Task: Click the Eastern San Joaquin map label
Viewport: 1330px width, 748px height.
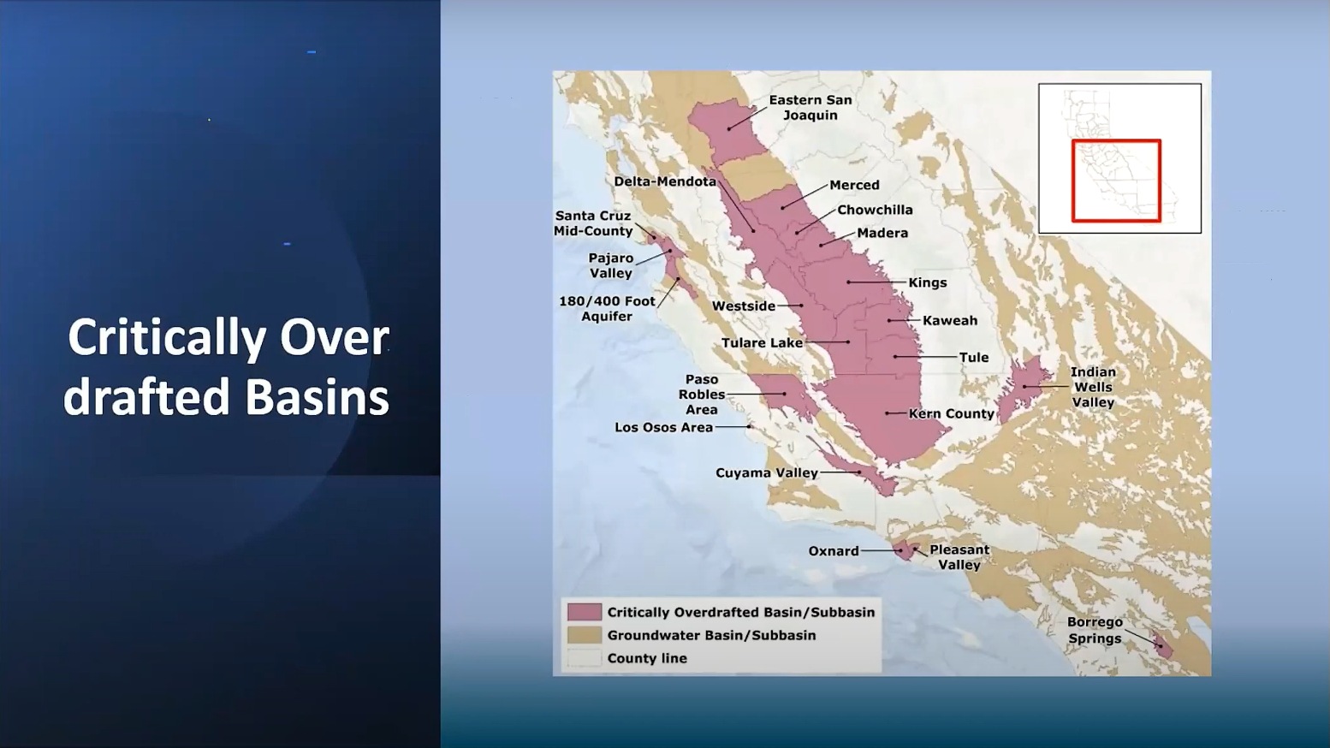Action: tap(810, 108)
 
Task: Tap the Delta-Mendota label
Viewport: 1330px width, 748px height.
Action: tap(665, 181)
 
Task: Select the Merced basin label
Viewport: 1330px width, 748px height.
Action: tap(854, 185)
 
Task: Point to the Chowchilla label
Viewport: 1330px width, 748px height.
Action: tap(875, 211)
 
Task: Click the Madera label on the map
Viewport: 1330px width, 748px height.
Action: tap(882, 234)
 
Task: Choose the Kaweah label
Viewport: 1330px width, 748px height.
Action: tap(949, 321)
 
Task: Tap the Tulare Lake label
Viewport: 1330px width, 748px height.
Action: tap(762, 343)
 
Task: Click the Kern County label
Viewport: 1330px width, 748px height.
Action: tap(951, 413)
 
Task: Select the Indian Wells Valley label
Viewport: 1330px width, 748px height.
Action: tap(1093, 387)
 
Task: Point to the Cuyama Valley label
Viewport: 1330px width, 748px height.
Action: tap(767, 473)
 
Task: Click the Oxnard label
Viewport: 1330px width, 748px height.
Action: tap(834, 551)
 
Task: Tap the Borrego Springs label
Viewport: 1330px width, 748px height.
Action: tap(1095, 631)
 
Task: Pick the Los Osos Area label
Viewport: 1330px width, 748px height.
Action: tap(663, 427)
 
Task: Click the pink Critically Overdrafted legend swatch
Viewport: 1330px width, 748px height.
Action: tap(585, 612)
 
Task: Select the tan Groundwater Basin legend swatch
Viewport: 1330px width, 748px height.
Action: tap(585, 635)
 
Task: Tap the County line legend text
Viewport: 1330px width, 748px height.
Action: tap(646, 658)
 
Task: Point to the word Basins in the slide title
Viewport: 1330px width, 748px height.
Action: tap(317, 397)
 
